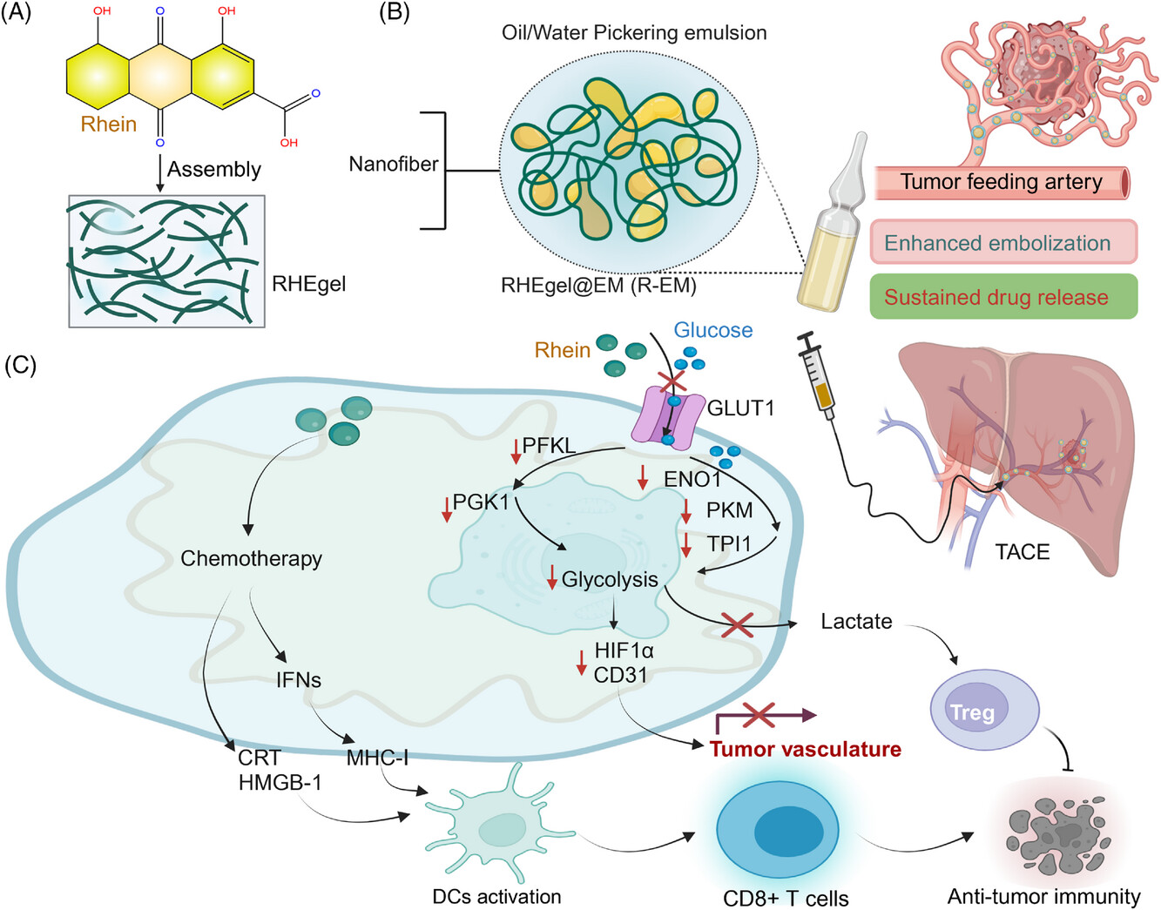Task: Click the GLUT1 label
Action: pyautogui.click(x=740, y=408)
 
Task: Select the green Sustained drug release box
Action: pyautogui.click(x=1003, y=297)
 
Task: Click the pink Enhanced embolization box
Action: pyautogui.click(x=1003, y=243)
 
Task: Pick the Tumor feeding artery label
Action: pyautogui.click(x=1001, y=182)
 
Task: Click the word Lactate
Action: pyautogui.click(x=856, y=622)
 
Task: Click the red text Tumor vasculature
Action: pyautogui.click(x=805, y=750)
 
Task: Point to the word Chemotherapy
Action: pyautogui.click(x=251, y=558)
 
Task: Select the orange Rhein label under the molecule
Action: pyautogui.click(x=109, y=125)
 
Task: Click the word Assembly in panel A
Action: pyautogui.click(x=214, y=169)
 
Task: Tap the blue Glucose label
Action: pyautogui.click(x=712, y=330)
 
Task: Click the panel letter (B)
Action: pyautogui.click(x=395, y=13)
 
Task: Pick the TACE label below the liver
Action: pyautogui.click(x=1022, y=552)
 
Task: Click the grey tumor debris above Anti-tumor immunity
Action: pyautogui.click(x=1056, y=835)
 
